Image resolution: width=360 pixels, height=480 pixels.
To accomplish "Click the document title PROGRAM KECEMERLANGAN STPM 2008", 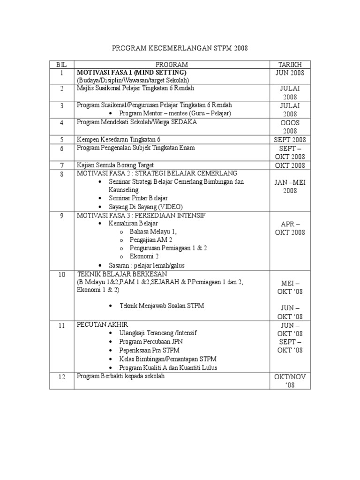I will (180, 48).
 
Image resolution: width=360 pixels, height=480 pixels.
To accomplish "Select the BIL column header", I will (61, 64).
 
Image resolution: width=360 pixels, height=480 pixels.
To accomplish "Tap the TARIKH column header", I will (290, 64).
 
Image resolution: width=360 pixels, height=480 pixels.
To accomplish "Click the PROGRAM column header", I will (172, 64).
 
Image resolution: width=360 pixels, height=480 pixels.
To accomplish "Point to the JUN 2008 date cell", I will (290, 73).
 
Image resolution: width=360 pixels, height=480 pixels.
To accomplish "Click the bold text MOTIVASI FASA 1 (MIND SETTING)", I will (132, 73).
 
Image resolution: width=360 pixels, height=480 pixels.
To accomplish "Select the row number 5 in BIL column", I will (61, 140).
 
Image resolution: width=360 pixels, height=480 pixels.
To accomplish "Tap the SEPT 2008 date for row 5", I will (290, 140).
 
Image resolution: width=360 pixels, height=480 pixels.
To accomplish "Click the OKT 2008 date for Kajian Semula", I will (290, 165).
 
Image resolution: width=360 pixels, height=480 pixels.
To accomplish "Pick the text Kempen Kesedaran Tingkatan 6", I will (119, 140).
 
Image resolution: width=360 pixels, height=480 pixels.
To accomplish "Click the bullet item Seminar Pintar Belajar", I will (138, 198).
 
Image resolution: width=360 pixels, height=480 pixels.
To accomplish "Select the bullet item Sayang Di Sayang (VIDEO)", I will (146, 207).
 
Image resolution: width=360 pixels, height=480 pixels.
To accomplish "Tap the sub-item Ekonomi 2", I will (144, 256).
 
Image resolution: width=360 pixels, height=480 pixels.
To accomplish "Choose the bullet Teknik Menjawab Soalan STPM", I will (162, 306).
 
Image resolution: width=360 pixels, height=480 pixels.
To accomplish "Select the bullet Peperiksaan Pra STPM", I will (149, 350).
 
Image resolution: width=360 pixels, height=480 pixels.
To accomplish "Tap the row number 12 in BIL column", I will (61, 376).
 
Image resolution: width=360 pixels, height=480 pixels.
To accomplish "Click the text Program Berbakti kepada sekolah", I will (121, 376).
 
